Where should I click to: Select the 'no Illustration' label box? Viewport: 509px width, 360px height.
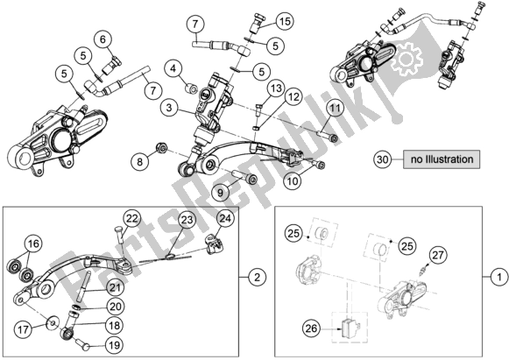pos(442,160)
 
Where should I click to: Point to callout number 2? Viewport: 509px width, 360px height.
pos(256,278)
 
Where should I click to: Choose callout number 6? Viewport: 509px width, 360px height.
pos(103,38)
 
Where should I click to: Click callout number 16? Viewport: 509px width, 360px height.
pos(32,244)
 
